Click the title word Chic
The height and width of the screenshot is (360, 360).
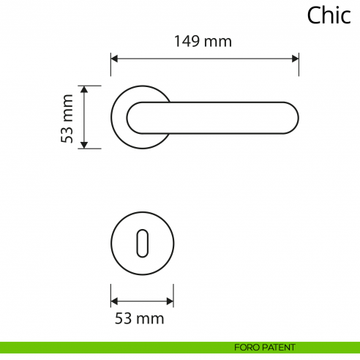point(329,15)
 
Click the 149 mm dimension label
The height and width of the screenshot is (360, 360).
point(203,42)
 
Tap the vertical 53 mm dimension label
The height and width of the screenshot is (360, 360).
point(68,118)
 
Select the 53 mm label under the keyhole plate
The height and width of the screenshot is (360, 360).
point(139,318)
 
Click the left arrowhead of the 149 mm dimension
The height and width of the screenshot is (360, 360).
point(114,57)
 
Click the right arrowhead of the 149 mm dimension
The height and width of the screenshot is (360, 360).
point(295,57)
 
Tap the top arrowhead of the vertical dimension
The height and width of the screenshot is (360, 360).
point(85,89)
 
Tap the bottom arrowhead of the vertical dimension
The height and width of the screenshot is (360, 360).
point(85,145)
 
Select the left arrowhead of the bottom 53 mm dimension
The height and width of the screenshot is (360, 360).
point(114,300)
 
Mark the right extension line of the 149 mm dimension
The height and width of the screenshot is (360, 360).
point(299,64)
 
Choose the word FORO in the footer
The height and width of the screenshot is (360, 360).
point(245,347)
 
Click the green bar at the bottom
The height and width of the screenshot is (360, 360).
point(110,347)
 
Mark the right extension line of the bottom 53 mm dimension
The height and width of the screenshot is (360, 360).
point(173,295)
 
